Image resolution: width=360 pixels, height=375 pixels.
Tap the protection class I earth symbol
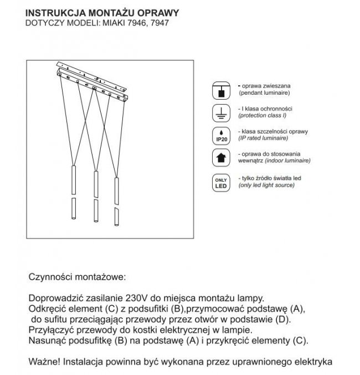point(220,113)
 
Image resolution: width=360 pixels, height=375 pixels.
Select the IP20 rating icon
point(220,136)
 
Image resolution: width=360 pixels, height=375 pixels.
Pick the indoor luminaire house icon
point(220,157)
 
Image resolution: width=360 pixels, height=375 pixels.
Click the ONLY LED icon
point(220,183)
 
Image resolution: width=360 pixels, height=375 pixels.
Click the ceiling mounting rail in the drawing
point(94,81)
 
